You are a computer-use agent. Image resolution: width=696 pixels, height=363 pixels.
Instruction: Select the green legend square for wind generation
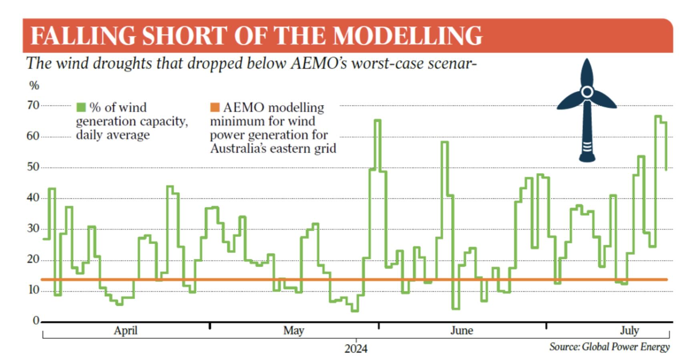pos(81,107)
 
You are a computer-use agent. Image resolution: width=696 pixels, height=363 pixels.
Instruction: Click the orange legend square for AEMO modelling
pos(215,107)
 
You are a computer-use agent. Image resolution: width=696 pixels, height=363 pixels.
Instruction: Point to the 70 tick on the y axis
pos(33,105)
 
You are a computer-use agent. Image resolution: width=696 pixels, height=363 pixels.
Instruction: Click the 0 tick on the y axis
pos(36,321)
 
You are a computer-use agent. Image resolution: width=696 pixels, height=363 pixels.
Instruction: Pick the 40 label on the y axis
pos(33,198)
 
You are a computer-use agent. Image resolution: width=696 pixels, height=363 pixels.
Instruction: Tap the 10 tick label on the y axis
pos(33,290)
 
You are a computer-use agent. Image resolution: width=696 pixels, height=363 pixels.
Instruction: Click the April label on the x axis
pos(125,331)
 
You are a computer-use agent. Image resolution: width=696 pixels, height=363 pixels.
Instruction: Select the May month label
pos(294,331)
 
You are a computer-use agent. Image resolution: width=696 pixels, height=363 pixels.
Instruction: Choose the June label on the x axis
pos(461,331)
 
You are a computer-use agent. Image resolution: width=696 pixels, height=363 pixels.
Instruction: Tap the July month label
pos(629,331)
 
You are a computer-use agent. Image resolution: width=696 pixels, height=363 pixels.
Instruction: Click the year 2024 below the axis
pos(356,349)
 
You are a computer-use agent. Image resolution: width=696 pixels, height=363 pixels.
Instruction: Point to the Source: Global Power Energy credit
pos(609,347)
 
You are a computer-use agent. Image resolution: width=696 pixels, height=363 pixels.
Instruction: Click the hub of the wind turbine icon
pos(587,92)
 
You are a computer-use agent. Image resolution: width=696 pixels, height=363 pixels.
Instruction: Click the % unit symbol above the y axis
pos(34,85)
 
